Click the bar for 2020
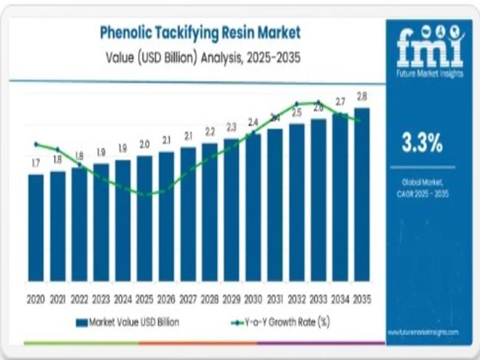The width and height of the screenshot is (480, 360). [36, 228]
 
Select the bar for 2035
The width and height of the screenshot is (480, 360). [362, 194]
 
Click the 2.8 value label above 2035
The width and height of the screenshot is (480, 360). [362, 97]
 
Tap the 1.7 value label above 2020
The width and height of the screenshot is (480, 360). [36, 163]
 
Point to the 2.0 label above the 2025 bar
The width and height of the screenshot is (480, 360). [145, 145]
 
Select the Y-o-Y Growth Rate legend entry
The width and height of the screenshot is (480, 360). [280, 322]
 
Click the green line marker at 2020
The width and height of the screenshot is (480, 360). [36, 144]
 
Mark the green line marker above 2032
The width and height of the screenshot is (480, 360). [296, 104]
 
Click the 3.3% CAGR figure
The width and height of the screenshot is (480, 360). [422, 143]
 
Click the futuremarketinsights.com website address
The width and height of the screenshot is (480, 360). [424, 332]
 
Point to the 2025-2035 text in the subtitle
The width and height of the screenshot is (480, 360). [269, 58]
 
